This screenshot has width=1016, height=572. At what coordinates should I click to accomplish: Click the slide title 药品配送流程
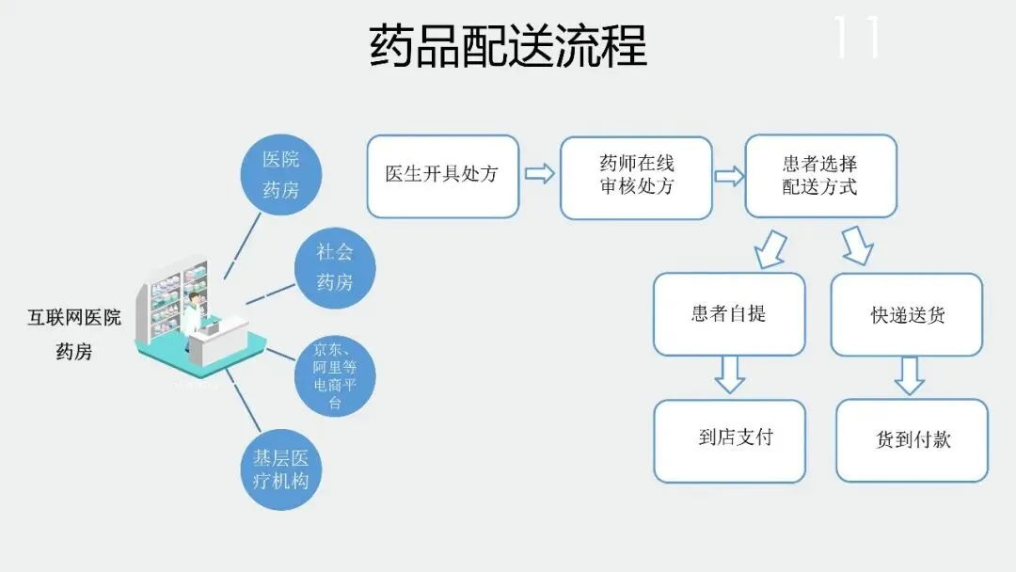(x=508, y=45)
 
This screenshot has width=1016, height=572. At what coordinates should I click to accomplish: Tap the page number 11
(x=856, y=38)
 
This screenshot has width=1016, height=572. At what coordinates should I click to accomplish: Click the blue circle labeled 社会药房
(x=334, y=266)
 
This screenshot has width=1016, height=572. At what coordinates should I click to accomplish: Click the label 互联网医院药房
(x=73, y=334)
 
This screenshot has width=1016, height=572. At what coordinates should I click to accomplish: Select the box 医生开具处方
(x=442, y=176)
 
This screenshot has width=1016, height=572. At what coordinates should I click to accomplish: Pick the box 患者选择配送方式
(x=820, y=176)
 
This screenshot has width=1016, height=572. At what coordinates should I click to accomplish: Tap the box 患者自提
(x=729, y=313)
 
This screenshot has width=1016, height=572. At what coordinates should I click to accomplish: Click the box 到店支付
(x=729, y=439)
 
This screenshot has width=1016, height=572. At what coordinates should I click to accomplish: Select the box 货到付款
(x=912, y=440)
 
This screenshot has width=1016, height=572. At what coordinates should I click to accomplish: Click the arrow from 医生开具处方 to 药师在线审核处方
(x=539, y=175)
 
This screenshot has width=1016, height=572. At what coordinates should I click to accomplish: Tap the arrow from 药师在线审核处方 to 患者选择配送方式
(x=729, y=176)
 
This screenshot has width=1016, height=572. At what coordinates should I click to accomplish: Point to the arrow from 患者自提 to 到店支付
(x=729, y=373)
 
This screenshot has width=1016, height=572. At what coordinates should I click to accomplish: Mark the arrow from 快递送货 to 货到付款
(x=908, y=375)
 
